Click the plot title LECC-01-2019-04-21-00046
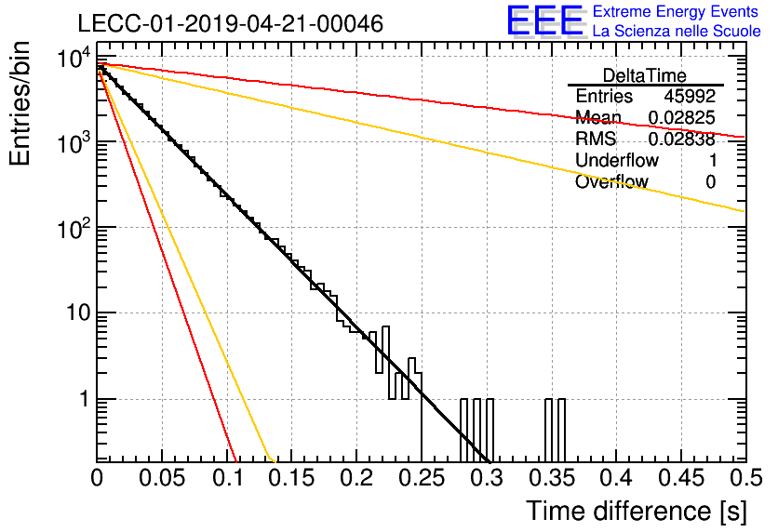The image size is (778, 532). click(x=231, y=23)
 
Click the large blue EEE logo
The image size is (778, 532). click(x=545, y=20)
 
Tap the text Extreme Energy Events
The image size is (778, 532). click(x=676, y=11)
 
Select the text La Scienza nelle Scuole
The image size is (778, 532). click(x=677, y=31)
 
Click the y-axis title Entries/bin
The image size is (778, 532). click(x=20, y=103)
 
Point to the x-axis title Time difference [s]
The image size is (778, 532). click(x=637, y=512)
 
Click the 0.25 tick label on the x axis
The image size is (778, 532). click(x=423, y=478)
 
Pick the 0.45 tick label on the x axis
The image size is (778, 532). click(x=681, y=478)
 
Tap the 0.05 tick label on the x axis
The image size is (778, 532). click(x=162, y=478)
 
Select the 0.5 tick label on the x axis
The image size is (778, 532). click(x=746, y=478)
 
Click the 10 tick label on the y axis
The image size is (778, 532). click(x=79, y=313)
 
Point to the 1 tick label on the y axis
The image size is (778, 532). click(x=86, y=399)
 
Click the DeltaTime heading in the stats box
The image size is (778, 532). click(x=645, y=75)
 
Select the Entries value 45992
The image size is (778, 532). click(x=690, y=96)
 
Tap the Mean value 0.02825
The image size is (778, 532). click(x=682, y=117)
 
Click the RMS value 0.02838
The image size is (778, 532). click(x=682, y=139)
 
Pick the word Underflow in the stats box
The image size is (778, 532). click(x=617, y=160)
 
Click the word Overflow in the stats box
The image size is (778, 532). click(x=611, y=181)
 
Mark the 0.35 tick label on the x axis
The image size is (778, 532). click(x=552, y=478)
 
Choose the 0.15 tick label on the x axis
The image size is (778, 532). click(x=292, y=478)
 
